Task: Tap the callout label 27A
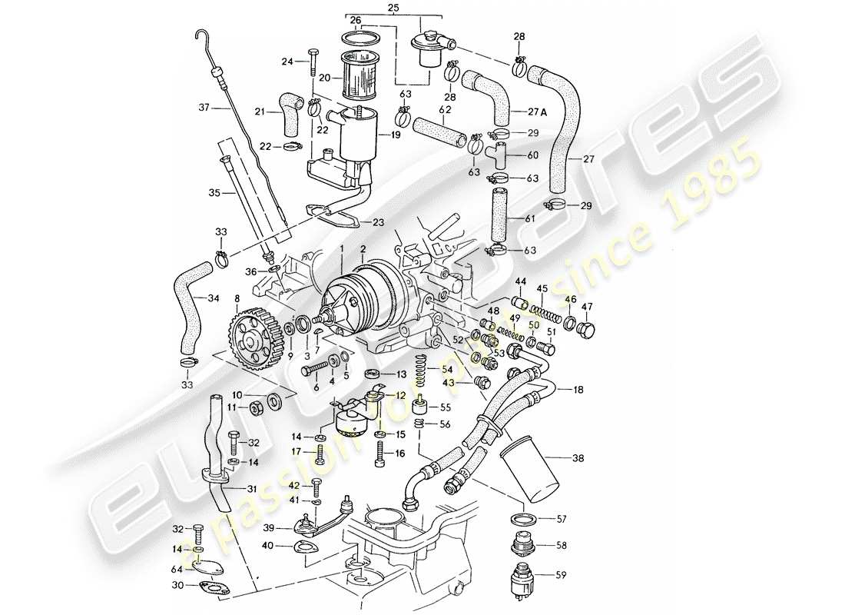[538, 111]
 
